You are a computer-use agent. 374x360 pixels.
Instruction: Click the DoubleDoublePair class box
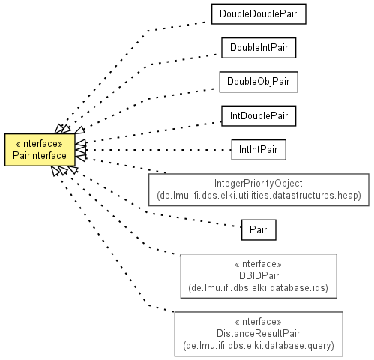pyautogui.click(x=259, y=14)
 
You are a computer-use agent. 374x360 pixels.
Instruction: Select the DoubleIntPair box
pyautogui.click(x=259, y=48)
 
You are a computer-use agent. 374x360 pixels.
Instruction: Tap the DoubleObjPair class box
pyautogui.click(x=259, y=82)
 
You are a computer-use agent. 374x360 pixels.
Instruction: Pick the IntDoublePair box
pyautogui.click(x=259, y=116)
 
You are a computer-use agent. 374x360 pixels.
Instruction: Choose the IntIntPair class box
pyautogui.click(x=259, y=150)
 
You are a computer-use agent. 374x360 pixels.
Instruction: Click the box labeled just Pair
pyautogui.click(x=259, y=230)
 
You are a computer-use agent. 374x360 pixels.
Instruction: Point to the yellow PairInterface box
pyautogui.click(x=40, y=150)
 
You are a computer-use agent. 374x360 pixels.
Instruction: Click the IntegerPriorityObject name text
pyautogui.click(x=259, y=184)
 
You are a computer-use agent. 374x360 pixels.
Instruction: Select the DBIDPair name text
pyautogui.click(x=259, y=275)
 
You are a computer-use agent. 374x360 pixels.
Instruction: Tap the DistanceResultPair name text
pyautogui.click(x=259, y=334)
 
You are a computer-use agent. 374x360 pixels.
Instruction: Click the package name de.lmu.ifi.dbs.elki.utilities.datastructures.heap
pyautogui.click(x=259, y=196)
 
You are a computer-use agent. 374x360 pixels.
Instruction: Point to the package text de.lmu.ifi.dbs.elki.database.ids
pyautogui.click(x=259, y=288)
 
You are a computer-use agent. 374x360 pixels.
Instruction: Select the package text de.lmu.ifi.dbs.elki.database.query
pyautogui.click(x=259, y=346)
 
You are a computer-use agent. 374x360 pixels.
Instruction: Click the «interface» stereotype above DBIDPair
pyautogui.click(x=259, y=264)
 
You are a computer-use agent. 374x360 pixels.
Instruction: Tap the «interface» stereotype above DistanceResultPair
pyautogui.click(x=259, y=322)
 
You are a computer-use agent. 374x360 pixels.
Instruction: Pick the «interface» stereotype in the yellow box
pyautogui.click(x=39, y=144)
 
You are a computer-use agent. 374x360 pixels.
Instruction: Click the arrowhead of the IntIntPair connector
pyautogui.click(x=80, y=150)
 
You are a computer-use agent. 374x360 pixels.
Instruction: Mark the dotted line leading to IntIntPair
pyautogui.click(x=159, y=150)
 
